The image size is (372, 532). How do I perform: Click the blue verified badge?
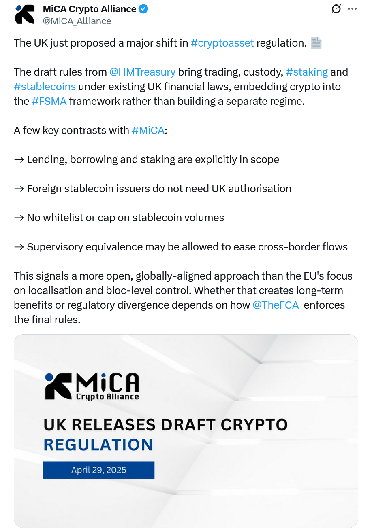click(143, 9)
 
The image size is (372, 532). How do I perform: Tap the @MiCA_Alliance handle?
click(77, 21)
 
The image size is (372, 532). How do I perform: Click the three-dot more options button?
click(353, 9)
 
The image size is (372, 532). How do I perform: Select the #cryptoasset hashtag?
click(222, 43)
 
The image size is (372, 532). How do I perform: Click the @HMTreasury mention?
click(142, 72)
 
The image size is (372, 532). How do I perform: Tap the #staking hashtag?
click(307, 72)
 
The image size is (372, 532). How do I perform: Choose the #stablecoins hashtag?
click(45, 87)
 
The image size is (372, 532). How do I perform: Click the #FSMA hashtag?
click(49, 101)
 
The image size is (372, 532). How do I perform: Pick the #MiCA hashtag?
click(148, 130)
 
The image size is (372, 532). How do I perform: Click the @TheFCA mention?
click(276, 305)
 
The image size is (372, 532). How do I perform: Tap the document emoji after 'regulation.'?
click(316, 43)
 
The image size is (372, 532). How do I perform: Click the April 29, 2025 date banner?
click(98, 470)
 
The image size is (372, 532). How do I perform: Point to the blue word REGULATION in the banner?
click(98, 444)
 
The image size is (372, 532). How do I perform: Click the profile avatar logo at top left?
click(25, 15)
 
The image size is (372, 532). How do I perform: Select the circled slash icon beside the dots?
click(336, 9)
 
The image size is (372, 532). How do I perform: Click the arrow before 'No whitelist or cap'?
click(19, 218)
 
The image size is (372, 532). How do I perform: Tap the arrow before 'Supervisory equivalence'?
click(19, 247)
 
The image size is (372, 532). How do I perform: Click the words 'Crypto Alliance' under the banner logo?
click(107, 397)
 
